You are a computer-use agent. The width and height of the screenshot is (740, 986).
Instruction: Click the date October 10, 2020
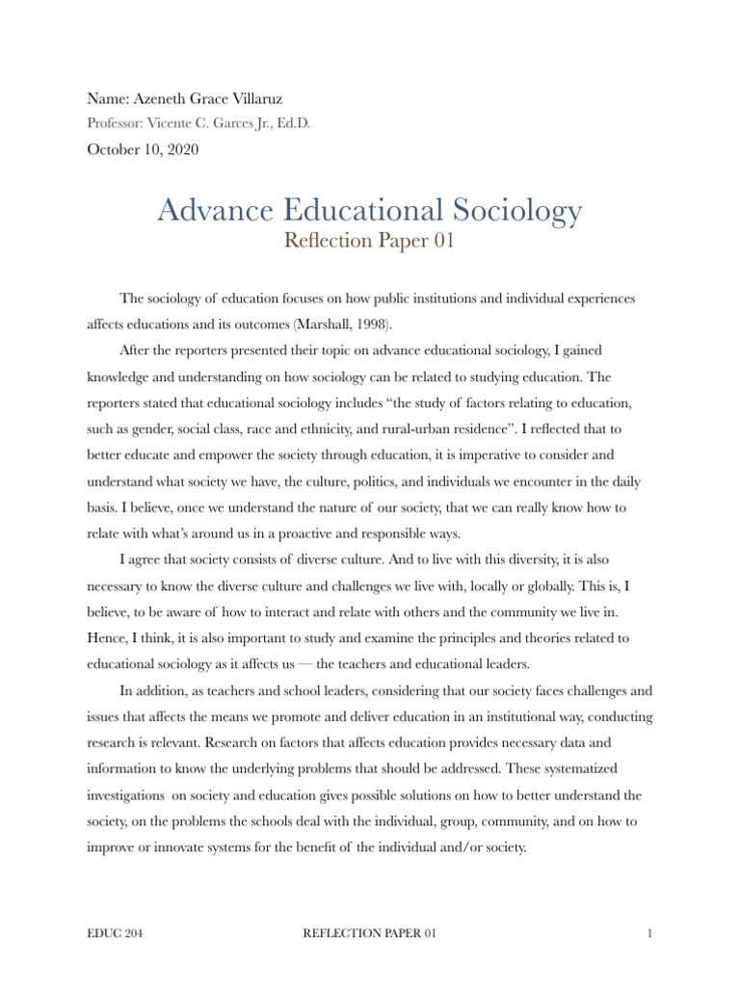point(145,149)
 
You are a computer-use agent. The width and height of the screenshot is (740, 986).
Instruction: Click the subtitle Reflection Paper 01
point(369,241)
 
